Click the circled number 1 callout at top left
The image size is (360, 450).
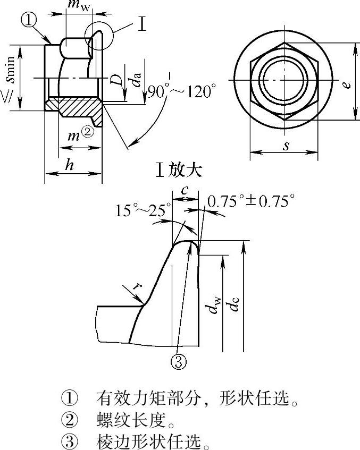[29, 21]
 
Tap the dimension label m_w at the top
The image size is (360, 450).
[79, 5]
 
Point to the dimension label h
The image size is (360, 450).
[69, 165]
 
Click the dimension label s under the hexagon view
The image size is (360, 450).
[286, 146]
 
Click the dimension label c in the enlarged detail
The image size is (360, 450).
[185, 190]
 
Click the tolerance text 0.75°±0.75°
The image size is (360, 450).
[251, 201]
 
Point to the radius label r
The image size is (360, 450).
[139, 286]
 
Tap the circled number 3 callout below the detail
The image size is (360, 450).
[179, 361]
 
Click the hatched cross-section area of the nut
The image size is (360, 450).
[77, 107]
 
